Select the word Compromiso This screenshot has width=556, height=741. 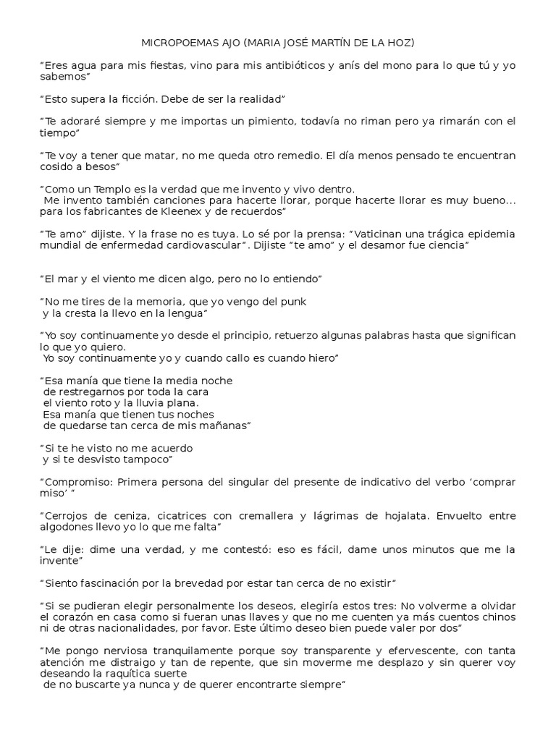pos(75,481)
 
